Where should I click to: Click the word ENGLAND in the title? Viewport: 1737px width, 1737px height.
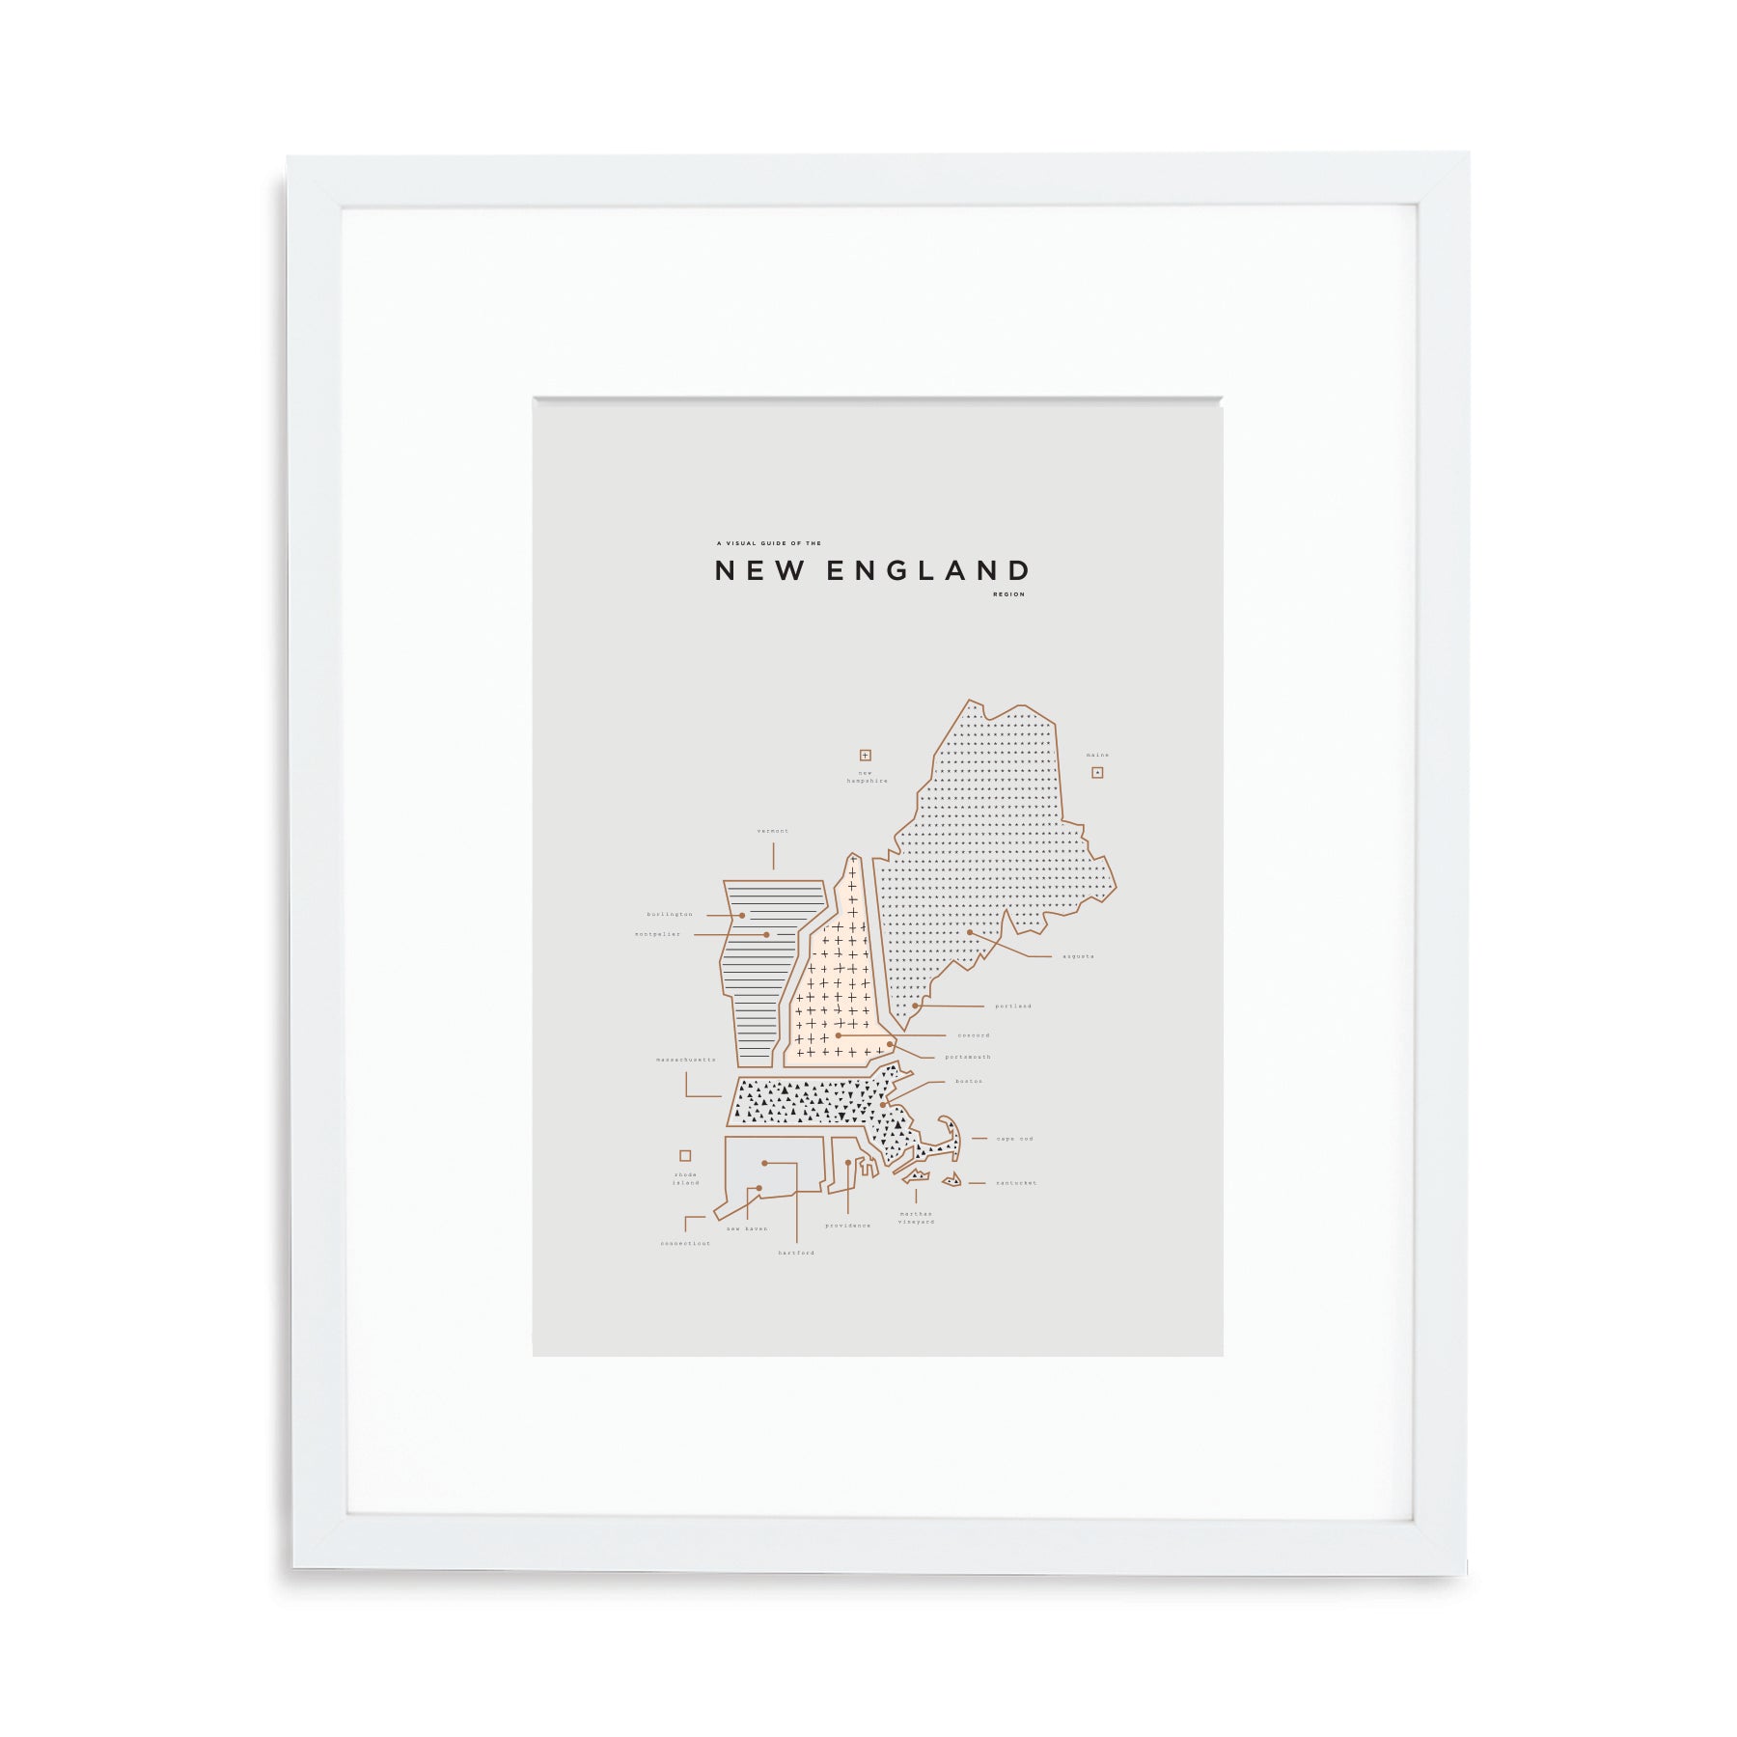928,571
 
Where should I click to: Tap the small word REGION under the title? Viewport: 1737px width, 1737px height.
1008,594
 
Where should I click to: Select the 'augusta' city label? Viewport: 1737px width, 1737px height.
1078,956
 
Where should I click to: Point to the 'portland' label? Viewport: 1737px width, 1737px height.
1013,1006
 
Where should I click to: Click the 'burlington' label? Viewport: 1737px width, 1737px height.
670,914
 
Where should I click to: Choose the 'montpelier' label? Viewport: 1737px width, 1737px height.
657,934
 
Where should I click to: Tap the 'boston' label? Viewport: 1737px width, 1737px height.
969,1081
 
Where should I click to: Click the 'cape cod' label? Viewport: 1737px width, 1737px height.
1014,1139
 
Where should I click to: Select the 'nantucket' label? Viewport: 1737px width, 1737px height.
1016,1183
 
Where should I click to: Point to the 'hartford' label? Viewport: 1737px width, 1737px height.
796,1253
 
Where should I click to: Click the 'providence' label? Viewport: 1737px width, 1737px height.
847,1226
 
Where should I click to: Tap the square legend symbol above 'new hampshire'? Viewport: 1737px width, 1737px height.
866,756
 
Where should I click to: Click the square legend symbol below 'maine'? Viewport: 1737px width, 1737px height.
1097,772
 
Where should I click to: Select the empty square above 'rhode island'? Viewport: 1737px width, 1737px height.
685,1155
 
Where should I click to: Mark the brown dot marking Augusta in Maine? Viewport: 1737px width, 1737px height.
970,932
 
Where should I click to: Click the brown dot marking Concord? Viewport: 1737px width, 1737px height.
839,1034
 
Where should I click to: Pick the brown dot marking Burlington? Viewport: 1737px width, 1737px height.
742,915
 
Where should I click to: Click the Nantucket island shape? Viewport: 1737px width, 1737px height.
952,1179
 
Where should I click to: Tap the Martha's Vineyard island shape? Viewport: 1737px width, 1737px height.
916,1176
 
